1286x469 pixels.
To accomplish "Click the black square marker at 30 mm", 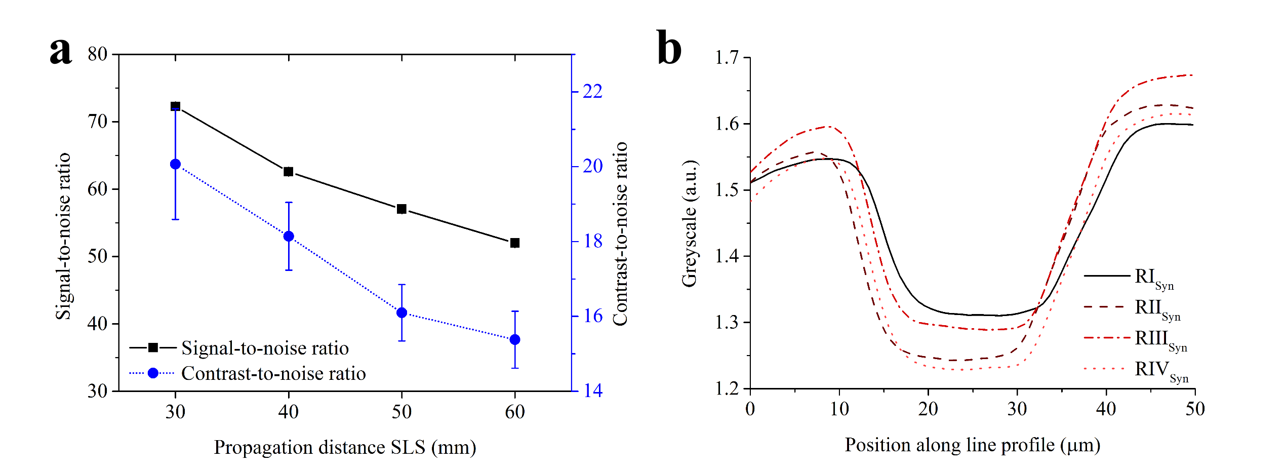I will tap(176, 106).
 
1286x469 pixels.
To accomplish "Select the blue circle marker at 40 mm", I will tap(289, 236).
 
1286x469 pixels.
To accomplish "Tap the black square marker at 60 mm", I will tap(515, 243).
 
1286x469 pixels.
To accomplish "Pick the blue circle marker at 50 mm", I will tap(402, 312).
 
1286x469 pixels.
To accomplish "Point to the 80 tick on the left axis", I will tap(98, 54).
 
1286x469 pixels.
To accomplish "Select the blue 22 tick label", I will tap(593, 91).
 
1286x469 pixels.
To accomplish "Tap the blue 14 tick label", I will tap(593, 390).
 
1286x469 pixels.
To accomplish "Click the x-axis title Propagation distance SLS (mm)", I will tap(345, 447).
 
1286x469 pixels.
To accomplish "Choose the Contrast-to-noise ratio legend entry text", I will tap(273, 373).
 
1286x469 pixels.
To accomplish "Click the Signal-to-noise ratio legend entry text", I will tap(265, 348).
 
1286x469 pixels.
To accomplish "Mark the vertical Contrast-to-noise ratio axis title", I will tap(620, 233).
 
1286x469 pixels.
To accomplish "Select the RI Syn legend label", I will tap(1154, 278).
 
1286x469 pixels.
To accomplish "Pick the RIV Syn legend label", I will tap(1161, 370).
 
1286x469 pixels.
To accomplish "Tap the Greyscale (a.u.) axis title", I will tap(690, 224).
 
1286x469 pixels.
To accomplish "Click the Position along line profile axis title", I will tap(972, 445).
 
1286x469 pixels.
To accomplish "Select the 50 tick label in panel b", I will tap(1195, 409).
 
